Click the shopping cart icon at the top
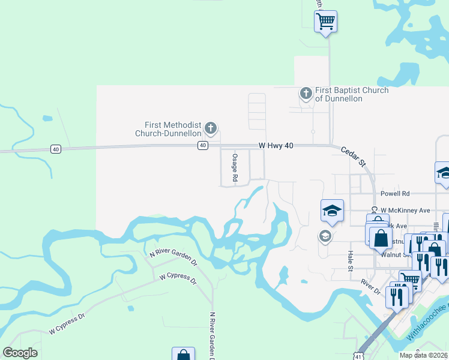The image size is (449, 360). [x=325, y=22]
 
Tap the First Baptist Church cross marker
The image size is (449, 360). [x=306, y=94]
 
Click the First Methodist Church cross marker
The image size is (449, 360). [x=210, y=127]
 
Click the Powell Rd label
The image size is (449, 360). [x=395, y=194]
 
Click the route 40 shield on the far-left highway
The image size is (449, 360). [x=55, y=149]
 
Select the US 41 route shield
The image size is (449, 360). [x=358, y=354]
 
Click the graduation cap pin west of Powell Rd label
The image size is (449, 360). [x=333, y=211]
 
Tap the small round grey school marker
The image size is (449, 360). [x=325, y=236]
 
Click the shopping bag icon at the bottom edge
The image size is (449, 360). [x=183, y=355]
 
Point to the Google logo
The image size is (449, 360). [x=20, y=353]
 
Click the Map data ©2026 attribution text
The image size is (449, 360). [x=423, y=355]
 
